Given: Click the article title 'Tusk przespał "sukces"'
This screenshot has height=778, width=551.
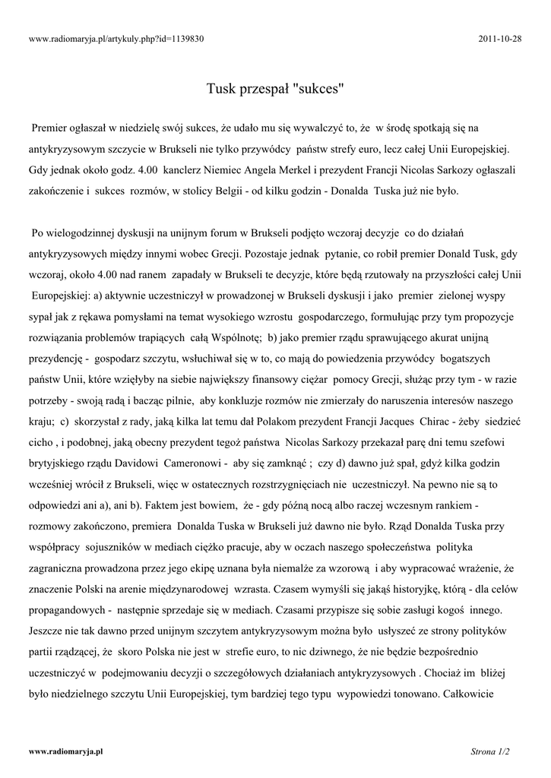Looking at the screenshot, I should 275,89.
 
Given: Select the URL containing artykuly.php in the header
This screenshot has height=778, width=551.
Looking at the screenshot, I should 116,39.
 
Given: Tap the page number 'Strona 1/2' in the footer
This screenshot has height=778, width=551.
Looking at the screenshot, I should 490,751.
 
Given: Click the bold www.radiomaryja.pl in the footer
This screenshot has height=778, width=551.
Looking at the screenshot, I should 65,751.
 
